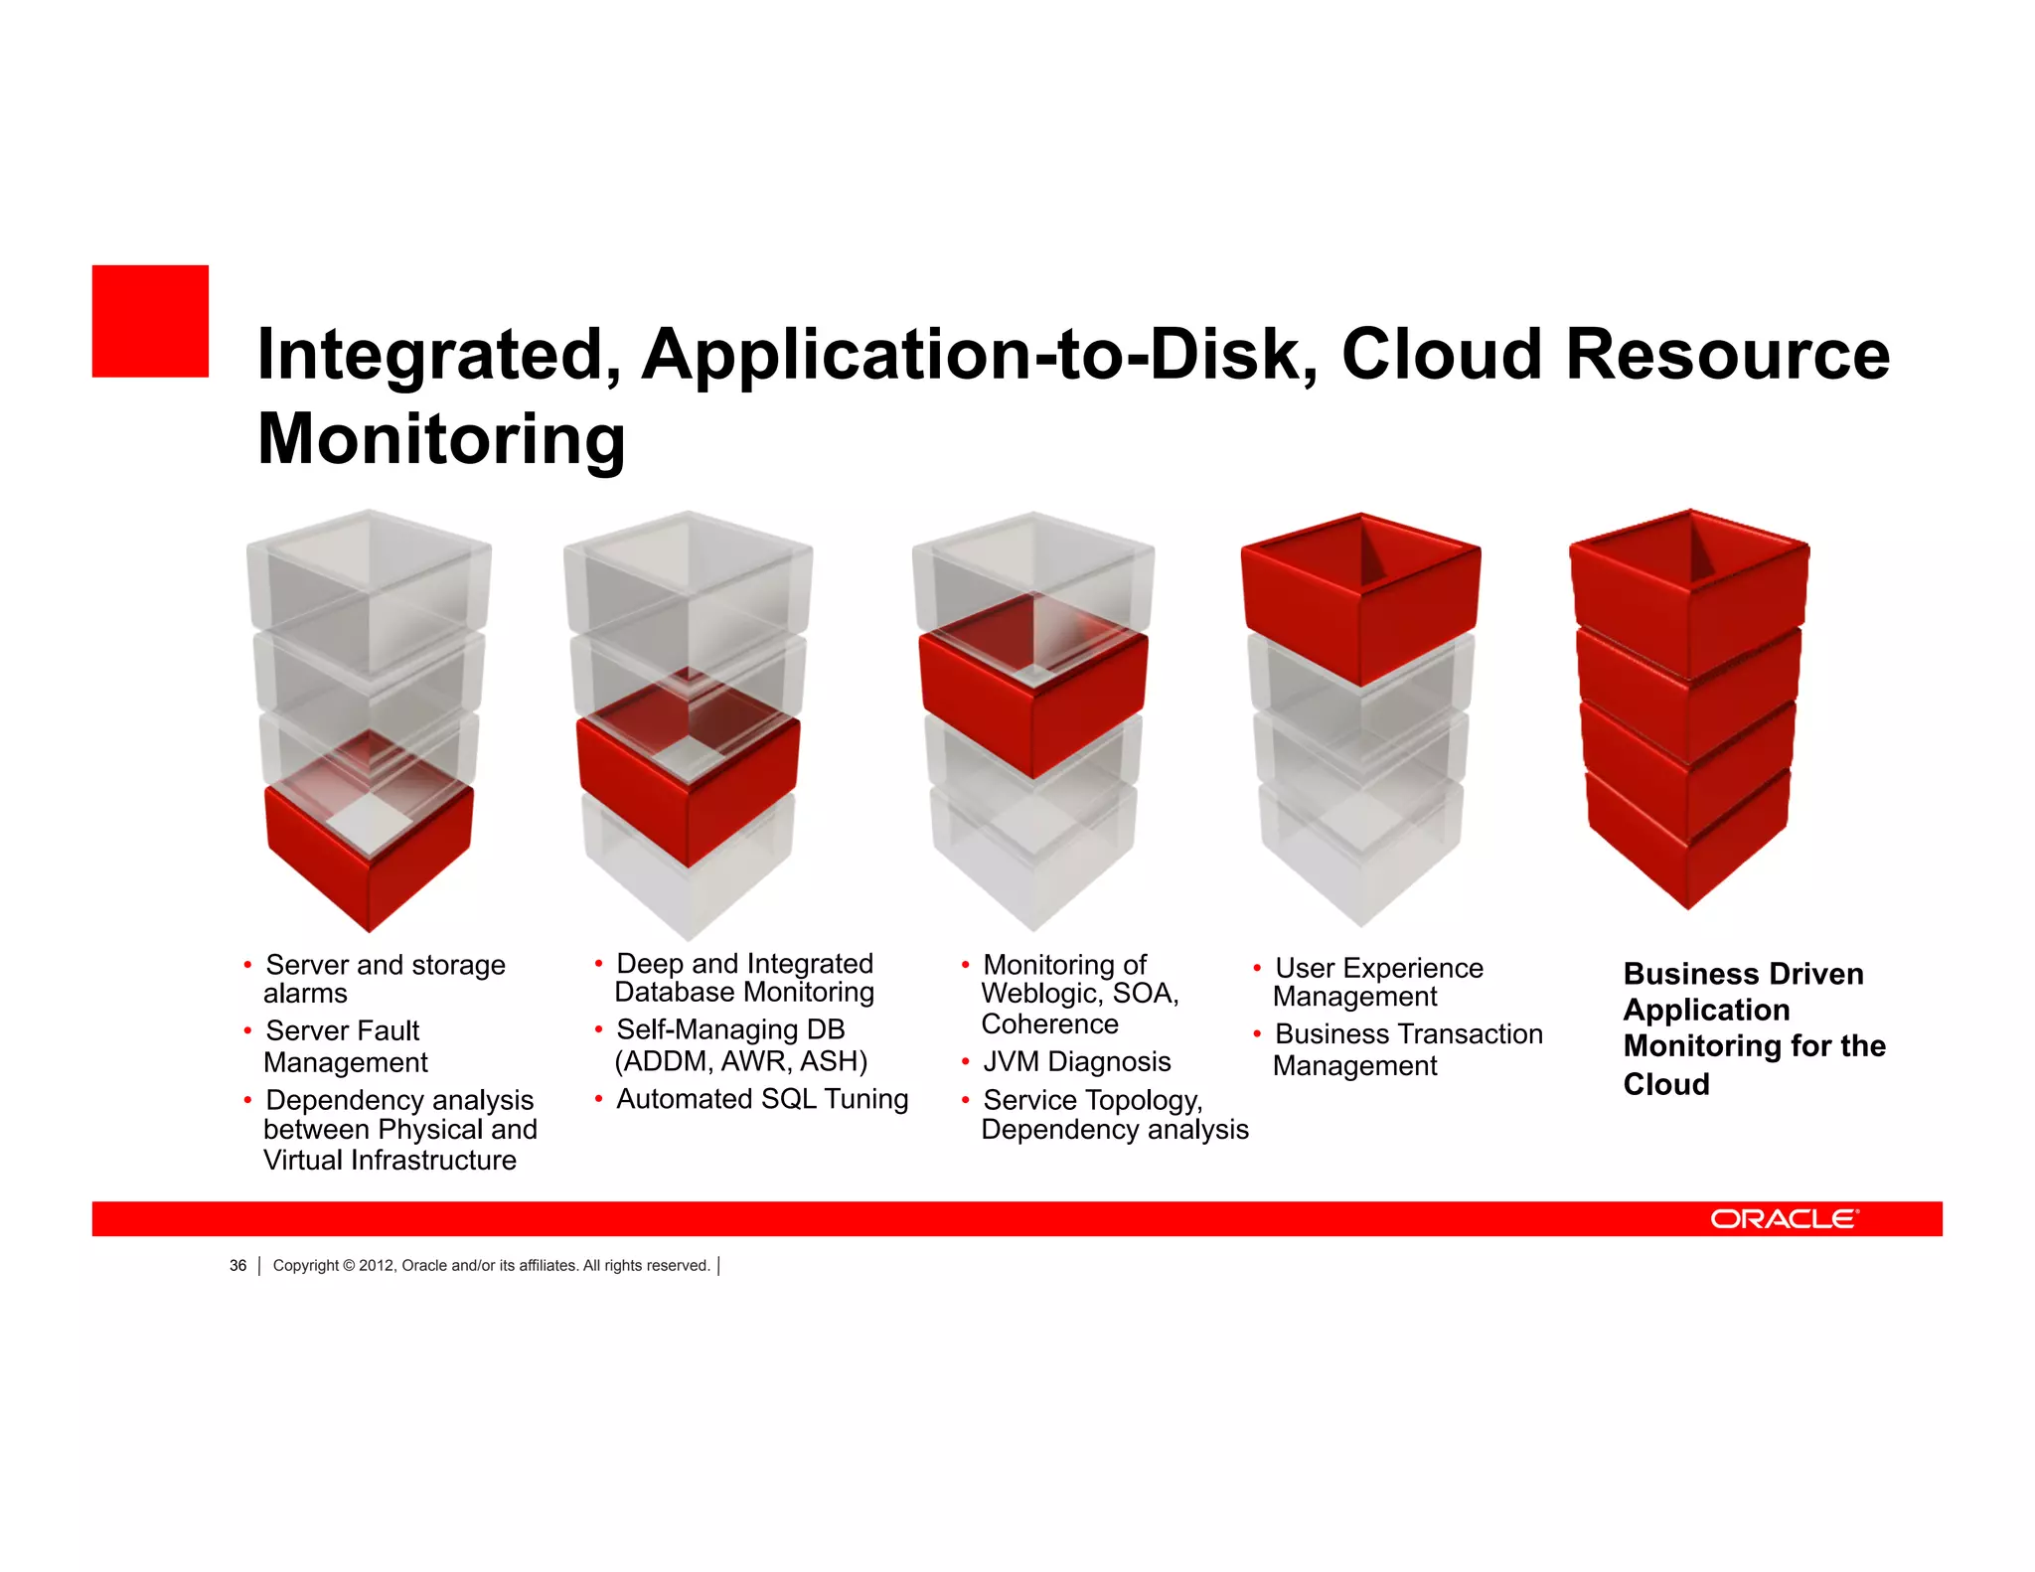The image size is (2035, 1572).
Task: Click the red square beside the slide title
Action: pyautogui.click(x=150, y=321)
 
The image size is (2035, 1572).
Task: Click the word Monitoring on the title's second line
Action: pyautogui.click(x=441, y=439)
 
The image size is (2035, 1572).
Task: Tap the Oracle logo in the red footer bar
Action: pyautogui.click(x=1784, y=1219)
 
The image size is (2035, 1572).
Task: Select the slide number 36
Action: pyautogui.click(x=237, y=1265)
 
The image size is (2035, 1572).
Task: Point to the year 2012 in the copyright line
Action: pyautogui.click(x=376, y=1265)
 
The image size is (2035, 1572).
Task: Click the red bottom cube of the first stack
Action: pyautogui.click(x=370, y=855)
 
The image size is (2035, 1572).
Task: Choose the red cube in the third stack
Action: pyautogui.click(x=1033, y=696)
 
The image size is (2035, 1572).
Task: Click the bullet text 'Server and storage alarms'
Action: pyautogui.click(x=385, y=979)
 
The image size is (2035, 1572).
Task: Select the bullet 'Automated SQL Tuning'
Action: pyautogui.click(x=762, y=1099)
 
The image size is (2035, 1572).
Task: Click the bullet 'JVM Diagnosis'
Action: pyautogui.click(x=1076, y=1061)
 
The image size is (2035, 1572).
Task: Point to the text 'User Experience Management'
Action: pyautogui.click(x=1377, y=982)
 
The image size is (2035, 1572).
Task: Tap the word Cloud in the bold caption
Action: pyautogui.click(x=1666, y=1084)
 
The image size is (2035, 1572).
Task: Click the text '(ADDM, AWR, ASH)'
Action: pyautogui.click(x=741, y=1061)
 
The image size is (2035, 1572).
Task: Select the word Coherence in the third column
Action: pyautogui.click(x=1049, y=1024)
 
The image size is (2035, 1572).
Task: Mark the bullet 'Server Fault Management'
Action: pyautogui.click(x=343, y=1046)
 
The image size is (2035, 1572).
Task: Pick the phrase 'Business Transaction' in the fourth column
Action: pyautogui.click(x=1408, y=1034)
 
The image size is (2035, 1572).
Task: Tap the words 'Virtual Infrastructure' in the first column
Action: pyautogui.click(x=390, y=1161)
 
